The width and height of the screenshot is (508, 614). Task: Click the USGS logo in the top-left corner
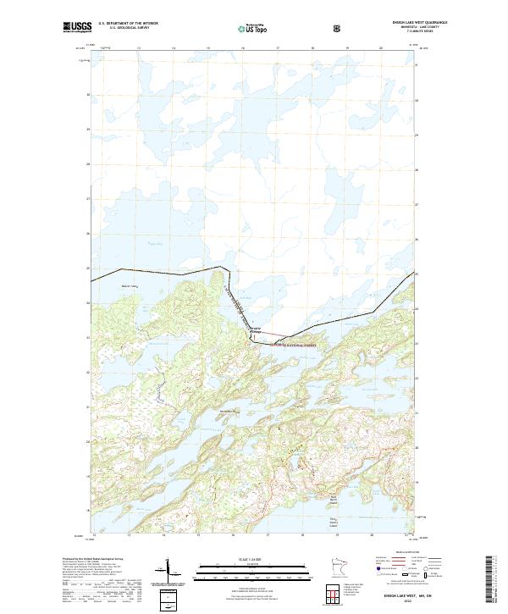pyautogui.click(x=77, y=28)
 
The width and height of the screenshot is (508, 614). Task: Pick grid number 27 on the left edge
pyautogui.click(x=89, y=199)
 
